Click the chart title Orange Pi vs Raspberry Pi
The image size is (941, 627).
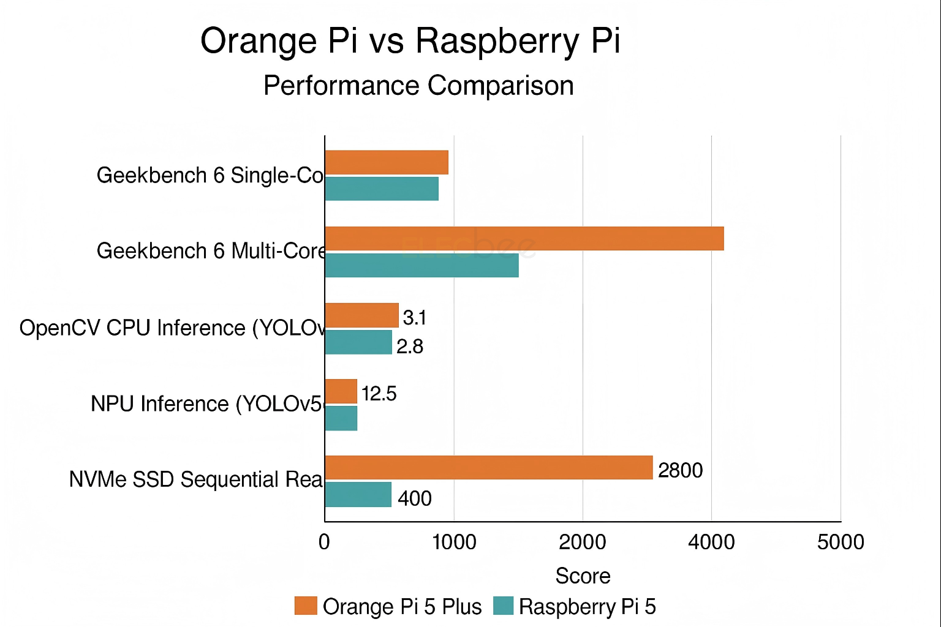(410, 42)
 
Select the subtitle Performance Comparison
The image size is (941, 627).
(418, 86)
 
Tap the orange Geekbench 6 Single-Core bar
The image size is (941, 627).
(387, 162)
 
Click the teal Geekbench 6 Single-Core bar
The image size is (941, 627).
(382, 189)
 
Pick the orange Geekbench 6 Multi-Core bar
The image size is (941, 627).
(524, 238)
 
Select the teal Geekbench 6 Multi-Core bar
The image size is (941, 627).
(421, 265)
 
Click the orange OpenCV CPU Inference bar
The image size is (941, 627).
(361, 315)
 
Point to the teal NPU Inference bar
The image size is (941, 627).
(341, 418)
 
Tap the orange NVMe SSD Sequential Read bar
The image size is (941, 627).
(489, 468)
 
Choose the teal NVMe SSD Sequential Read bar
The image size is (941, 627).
(358, 495)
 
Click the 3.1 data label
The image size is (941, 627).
(415, 318)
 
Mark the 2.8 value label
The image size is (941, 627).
(410, 347)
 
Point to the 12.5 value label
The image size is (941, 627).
(379, 394)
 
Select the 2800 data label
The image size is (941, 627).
(680, 470)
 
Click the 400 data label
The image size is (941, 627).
(415, 499)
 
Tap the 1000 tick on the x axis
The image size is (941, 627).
(454, 543)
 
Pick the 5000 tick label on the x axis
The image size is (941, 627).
(841, 543)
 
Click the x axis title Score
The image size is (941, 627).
(583, 576)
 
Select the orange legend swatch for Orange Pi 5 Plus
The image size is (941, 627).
(306, 606)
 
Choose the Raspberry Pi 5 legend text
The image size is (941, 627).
(587, 607)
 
